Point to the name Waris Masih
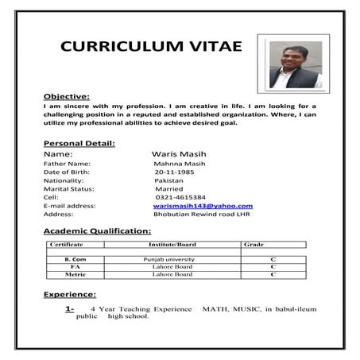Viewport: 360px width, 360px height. [176, 153]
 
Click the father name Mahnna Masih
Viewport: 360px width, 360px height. [179, 163]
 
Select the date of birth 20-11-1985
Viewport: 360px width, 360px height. [174, 172]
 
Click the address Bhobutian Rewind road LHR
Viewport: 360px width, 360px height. [202, 214]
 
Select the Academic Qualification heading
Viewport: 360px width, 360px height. [97, 230]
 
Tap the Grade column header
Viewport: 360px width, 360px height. [254, 245]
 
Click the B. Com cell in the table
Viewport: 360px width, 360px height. [75, 260]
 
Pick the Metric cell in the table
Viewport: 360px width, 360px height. [75, 275]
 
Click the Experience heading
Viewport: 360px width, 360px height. [70, 294]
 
